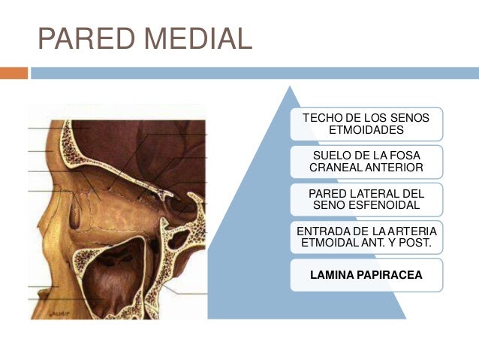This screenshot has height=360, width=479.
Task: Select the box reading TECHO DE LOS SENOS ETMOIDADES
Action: tap(366, 124)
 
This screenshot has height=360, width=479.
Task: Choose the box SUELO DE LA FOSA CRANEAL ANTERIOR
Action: tap(366, 161)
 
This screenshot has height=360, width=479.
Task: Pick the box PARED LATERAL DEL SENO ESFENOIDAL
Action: tap(366, 198)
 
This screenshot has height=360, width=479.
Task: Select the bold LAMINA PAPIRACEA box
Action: tap(366, 275)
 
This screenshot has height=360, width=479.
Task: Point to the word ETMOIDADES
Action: tap(366, 130)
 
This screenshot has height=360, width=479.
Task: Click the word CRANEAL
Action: tap(338, 167)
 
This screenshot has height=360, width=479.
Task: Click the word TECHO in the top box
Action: tap(318, 118)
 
